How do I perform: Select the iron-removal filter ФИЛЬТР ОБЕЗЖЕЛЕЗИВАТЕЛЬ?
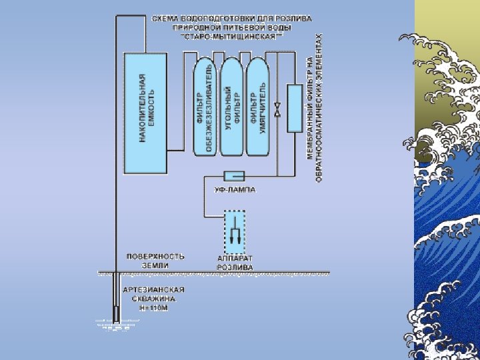pos(205,107)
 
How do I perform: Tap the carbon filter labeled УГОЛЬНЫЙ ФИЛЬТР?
pos(231,107)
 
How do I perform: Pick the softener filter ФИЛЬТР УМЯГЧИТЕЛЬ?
pos(257,107)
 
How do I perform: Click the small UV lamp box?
pos(235,176)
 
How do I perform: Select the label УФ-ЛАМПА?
pos(234,190)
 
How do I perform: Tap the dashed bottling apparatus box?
pos(234,231)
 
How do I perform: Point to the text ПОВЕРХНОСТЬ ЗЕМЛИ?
pos(156,260)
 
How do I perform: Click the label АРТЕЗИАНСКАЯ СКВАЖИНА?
pos(154,295)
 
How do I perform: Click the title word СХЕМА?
pos(166,19)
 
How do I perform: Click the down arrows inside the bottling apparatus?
pos(235,234)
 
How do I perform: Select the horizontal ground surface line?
pos(213,273)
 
